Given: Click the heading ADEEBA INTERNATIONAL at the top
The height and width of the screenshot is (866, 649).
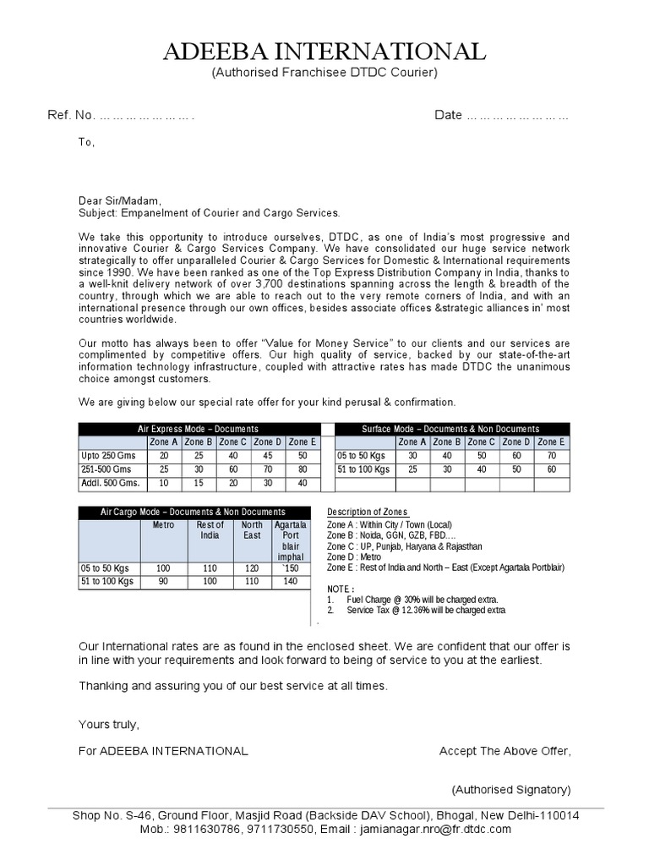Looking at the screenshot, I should coord(324,52).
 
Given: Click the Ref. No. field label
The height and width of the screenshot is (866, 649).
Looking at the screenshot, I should coord(71,115).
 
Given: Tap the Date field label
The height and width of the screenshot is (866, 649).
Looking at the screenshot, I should coord(448,115).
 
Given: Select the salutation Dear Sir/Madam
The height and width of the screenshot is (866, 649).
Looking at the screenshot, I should coord(119,201).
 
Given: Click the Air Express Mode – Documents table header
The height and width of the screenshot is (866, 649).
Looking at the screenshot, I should coord(198,429).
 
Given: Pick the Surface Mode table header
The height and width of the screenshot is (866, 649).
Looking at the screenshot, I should coord(450,429).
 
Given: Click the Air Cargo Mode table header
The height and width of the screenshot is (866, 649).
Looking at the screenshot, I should coord(193,512).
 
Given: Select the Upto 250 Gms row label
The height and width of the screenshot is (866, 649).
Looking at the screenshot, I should coord(107,455).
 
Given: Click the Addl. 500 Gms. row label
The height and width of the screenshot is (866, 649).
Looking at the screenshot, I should coord(111,484).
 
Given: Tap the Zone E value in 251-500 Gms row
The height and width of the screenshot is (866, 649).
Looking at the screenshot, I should coord(302,469).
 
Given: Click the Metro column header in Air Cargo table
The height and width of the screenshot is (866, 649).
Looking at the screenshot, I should coord(163,525).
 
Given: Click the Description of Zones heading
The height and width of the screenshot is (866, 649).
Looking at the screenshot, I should coord(368,512).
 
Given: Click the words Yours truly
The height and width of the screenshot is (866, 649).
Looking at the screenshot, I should coord(108,725).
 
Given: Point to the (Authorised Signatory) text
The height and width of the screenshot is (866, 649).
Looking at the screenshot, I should coord(510,789).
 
